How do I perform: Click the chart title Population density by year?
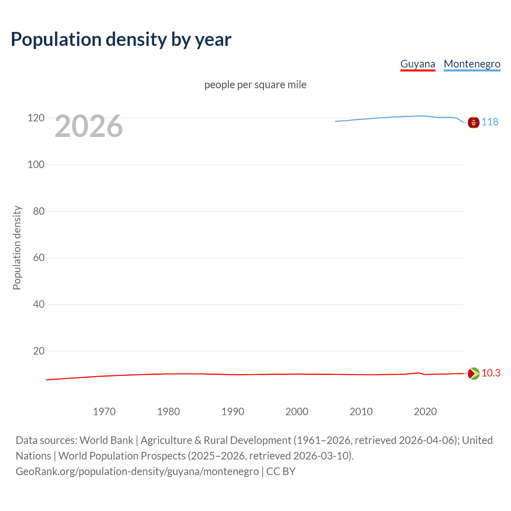tap(121, 40)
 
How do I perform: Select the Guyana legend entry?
tap(418, 64)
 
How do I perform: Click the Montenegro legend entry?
tap(472, 64)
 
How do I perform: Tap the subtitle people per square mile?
tap(255, 85)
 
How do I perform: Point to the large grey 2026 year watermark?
tap(89, 126)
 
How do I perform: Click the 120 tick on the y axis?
tap(36, 118)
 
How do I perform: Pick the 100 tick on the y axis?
tap(36, 164)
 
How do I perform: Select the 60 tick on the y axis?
tap(39, 257)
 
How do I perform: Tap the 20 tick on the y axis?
tap(39, 351)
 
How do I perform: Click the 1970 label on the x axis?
tap(104, 412)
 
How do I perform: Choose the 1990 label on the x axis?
tap(233, 412)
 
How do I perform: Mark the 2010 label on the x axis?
tap(361, 412)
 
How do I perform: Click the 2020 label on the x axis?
tap(425, 412)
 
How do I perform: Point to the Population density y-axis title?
tap(17, 248)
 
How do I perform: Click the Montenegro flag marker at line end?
tap(473, 122)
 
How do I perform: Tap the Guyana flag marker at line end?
tap(473, 374)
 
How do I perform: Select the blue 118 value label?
tap(490, 122)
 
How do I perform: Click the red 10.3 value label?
tap(491, 373)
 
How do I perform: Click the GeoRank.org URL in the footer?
tap(137, 471)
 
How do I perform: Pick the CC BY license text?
tap(281, 471)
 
